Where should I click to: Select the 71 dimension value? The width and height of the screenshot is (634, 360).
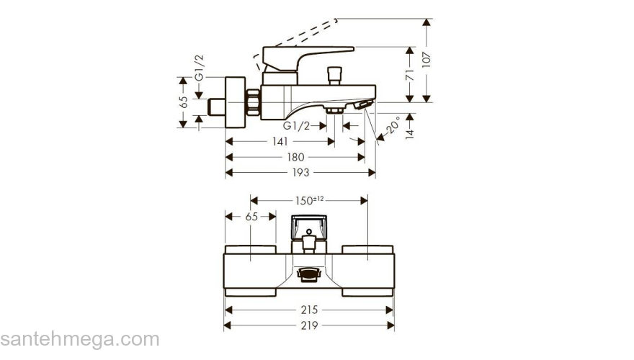409,73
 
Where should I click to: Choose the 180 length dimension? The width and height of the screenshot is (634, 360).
295,157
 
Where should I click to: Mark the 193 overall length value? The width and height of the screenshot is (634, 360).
300,173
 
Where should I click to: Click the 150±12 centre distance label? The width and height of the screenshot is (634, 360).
309,199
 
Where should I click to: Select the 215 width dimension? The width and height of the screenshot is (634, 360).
309,310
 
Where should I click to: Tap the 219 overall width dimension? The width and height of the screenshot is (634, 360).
310,326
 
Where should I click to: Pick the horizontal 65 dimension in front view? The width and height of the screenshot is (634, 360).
251,216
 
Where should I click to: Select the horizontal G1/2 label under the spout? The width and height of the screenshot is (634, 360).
296,125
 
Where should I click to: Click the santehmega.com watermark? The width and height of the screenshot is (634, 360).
79,339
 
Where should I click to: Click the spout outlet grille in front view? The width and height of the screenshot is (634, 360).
308,274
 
